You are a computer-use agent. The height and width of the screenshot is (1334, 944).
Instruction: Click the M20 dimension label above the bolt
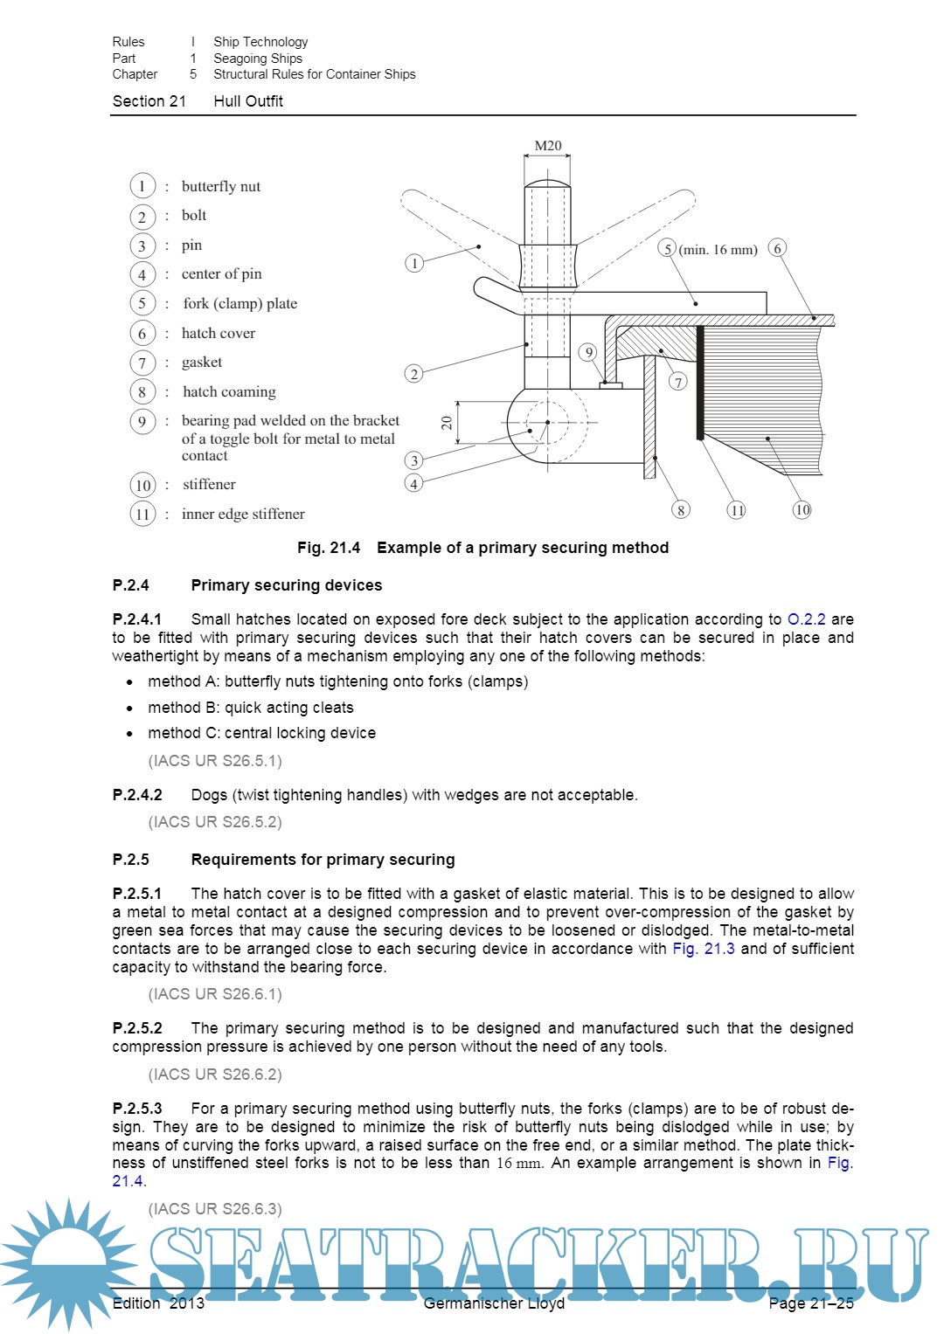click(x=548, y=146)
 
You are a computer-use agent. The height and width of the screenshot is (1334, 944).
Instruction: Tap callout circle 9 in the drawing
click(x=589, y=352)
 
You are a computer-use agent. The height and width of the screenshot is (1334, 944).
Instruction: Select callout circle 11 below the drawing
click(x=737, y=509)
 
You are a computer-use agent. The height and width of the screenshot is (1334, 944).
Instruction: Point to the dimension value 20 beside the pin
click(x=447, y=423)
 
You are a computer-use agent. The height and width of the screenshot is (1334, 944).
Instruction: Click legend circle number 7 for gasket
click(x=142, y=363)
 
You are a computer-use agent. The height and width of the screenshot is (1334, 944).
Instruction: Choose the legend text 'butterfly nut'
click(x=220, y=186)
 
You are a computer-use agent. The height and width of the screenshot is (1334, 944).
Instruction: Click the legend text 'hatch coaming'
click(x=228, y=391)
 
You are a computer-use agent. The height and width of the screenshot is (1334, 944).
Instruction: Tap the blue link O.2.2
click(x=806, y=619)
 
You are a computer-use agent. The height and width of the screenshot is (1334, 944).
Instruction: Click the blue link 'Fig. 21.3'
click(x=703, y=949)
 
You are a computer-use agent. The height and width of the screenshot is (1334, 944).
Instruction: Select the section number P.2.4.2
click(x=137, y=795)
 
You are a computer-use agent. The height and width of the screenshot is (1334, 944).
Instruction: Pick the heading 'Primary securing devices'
click(x=287, y=585)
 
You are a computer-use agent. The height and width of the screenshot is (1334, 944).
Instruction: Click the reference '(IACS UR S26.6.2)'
click(x=215, y=1075)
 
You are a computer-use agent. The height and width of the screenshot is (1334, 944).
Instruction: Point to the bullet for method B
click(x=130, y=708)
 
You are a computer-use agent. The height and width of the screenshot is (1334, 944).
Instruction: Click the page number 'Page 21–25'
click(x=810, y=1303)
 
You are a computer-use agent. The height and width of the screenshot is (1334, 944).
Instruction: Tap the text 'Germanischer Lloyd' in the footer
click(x=494, y=1303)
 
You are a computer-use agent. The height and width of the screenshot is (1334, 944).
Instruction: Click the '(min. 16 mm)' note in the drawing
click(x=718, y=250)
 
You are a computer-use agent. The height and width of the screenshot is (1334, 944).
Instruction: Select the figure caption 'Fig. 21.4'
click(x=329, y=548)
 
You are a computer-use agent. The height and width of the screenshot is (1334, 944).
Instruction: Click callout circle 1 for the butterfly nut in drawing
click(x=414, y=262)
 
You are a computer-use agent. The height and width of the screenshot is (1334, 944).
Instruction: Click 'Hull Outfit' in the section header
click(x=248, y=101)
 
